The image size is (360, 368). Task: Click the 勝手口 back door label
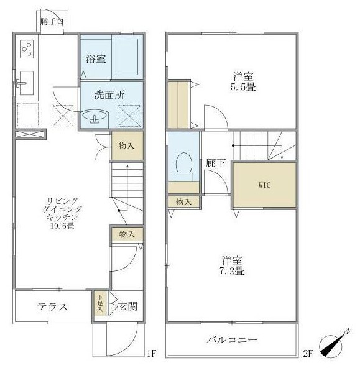tap(52, 22)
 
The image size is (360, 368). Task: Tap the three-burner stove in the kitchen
tap(27, 49)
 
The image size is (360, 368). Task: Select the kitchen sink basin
tap(27, 83)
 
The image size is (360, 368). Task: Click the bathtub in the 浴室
tap(127, 57)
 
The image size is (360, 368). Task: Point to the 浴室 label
tap(96, 58)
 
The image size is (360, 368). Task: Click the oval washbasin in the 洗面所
tap(95, 115)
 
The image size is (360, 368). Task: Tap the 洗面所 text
tap(109, 95)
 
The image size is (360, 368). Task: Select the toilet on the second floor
tap(184, 167)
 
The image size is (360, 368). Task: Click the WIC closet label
tap(264, 185)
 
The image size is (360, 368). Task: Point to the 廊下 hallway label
tap(216, 163)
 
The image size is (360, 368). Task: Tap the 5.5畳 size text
tap(243, 87)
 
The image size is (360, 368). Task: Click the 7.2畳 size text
tap(232, 271)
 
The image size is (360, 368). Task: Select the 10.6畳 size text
tap(62, 226)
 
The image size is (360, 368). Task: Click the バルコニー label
tap(232, 339)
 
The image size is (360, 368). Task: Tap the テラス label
tap(52, 306)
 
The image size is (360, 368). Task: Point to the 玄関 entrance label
tap(127, 306)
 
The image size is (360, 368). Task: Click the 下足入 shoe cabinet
tap(100, 303)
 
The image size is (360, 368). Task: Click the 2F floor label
tap(308, 353)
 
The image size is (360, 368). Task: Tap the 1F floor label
tap(152, 353)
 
